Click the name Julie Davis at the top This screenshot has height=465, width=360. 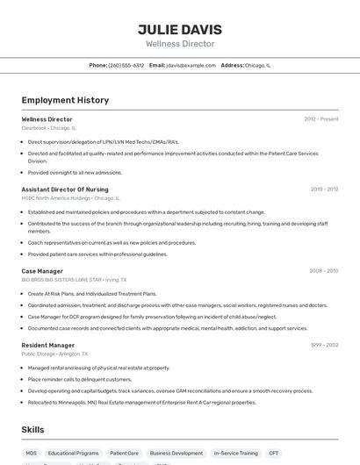tap(180, 29)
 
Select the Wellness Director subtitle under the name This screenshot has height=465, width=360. tap(180, 44)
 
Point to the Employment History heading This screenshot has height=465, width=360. tap(65, 100)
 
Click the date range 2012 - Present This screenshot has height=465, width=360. tap(320, 118)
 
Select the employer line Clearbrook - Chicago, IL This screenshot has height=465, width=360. tap(48, 128)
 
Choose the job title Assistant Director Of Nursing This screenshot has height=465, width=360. tap(65, 189)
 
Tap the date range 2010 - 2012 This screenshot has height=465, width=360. tap(324, 189)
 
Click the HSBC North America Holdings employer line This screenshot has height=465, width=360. tap(69, 198)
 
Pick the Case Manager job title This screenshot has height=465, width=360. tap(42, 271)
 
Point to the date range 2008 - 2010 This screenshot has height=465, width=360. tap(323, 271)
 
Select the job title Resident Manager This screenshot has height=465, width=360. tap(47, 345)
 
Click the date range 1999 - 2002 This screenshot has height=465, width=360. tap(323, 345)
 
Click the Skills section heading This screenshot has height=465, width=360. tap(32, 429)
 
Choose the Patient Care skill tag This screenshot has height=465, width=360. tap(124, 454)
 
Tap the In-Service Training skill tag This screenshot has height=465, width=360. tap(235, 454)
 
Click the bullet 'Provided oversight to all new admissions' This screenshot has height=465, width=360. tap(75, 172)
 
